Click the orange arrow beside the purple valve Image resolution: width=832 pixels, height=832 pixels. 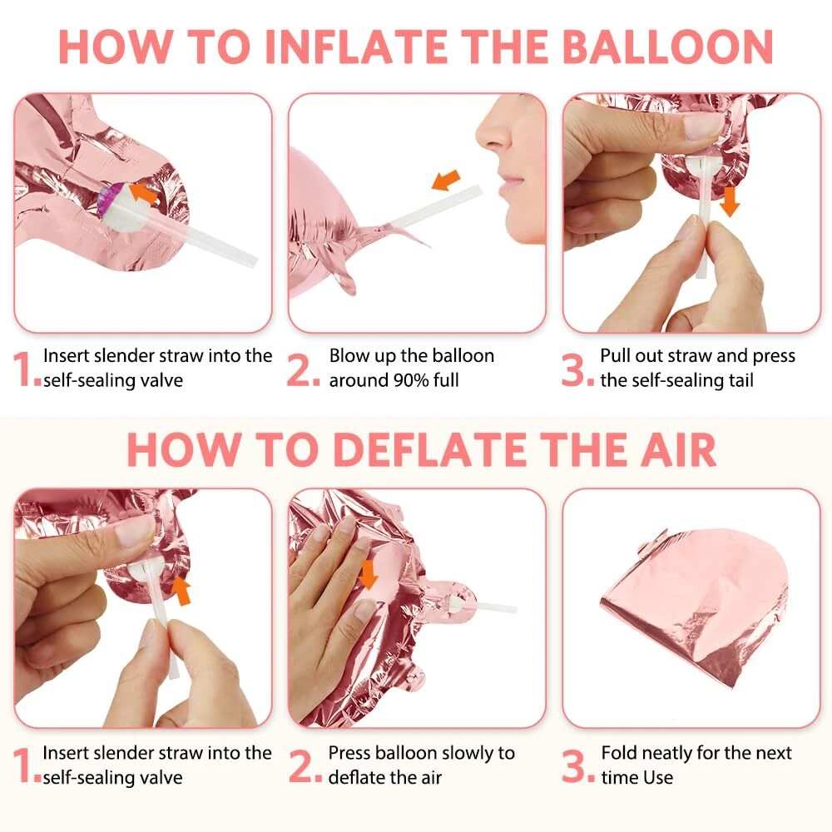click(143, 193)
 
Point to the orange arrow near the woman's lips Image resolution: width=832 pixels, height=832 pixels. click(446, 180)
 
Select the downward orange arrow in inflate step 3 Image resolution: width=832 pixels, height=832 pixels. click(730, 201)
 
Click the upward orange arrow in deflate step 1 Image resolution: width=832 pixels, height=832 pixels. click(181, 591)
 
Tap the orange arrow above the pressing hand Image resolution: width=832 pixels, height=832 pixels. click(368, 575)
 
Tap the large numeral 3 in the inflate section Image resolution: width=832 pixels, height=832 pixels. click(573, 370)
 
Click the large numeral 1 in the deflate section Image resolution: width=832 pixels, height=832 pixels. click(22, 765)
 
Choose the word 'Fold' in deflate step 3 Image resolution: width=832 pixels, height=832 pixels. click(618, 752)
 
